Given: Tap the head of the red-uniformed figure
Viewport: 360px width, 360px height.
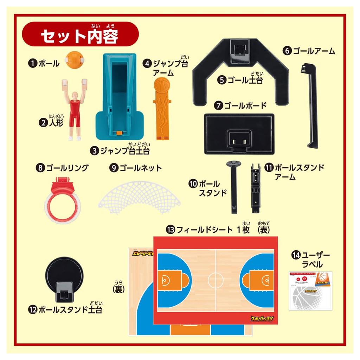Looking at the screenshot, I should click(x=74, y=96).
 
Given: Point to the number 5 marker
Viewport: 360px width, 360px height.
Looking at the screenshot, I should click(x=221, y=80).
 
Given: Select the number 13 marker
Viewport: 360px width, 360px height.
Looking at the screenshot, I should click(x=171, y=230).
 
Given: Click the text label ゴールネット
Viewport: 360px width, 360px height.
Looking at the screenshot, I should click(x=140, y=168).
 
